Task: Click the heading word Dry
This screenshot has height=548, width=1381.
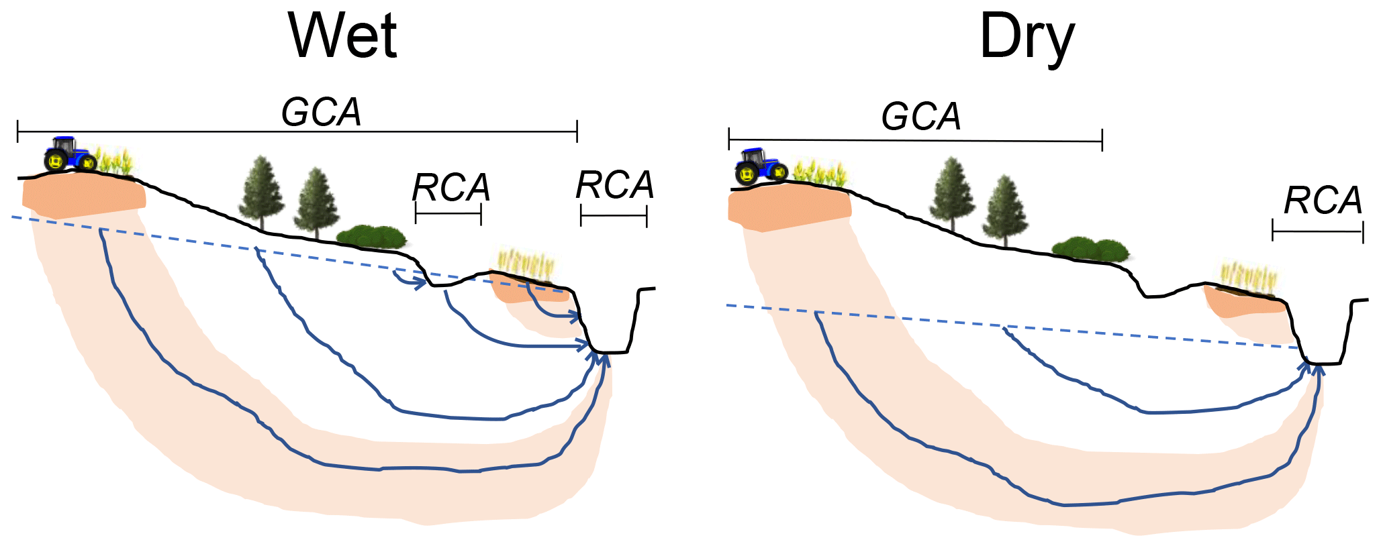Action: click(x=1027, y=38)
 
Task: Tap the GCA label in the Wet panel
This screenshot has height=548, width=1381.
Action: click(x=321, y=112)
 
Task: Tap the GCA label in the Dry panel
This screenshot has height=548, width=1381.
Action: click(x=920, y=117)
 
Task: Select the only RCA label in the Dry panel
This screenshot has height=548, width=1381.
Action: click(x=1323, y=201)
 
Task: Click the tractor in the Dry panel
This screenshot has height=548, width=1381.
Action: click(x=761, y=166)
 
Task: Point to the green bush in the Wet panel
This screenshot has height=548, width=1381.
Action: click(x=371, y=237)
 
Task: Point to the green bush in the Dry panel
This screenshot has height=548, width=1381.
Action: click(x=1089, y=249)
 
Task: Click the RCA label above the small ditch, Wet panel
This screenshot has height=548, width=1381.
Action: click(x=450, y=187)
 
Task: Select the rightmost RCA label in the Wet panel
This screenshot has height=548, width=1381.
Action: click(x=614, y=185)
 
